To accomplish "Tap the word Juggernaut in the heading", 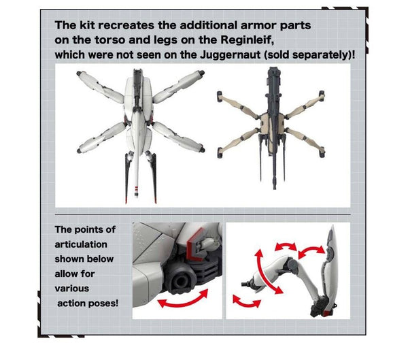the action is pyautogui.click(x=231, y=54).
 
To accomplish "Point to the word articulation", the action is pyautogui.click(x=81, y=244).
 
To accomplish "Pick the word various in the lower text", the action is pyautogui.click(x=72, y=289).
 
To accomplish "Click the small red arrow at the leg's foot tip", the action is pyautogui.click(x=246, y=302).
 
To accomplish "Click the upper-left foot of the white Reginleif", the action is pyautogui.click(x=79, y=73).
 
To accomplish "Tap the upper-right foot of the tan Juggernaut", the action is pyautogui.click(x=322, y=94).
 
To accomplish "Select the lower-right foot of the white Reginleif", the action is pyautogui.click(x=202, y=150).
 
